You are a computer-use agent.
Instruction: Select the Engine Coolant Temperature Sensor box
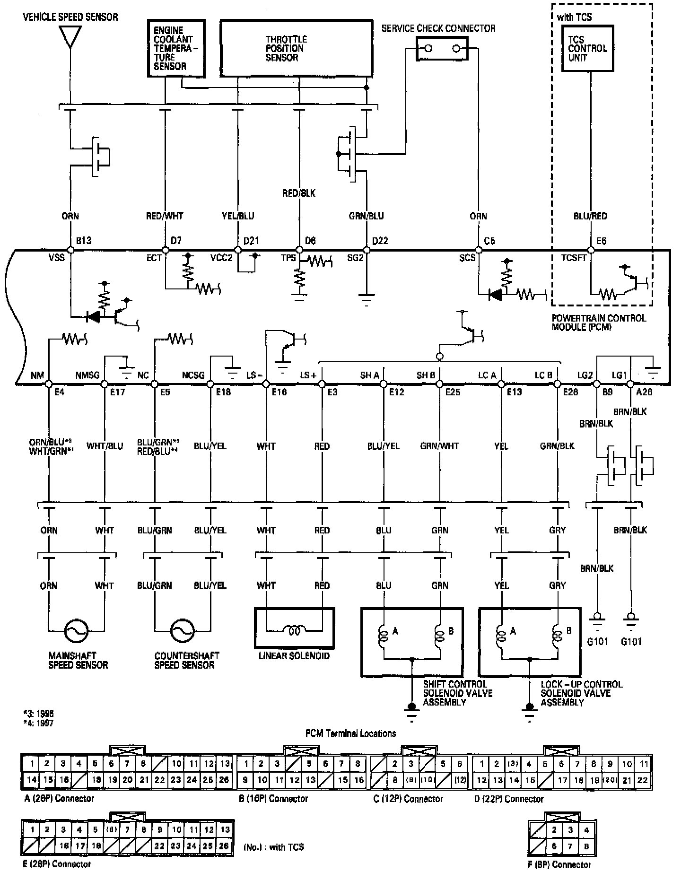[176, 48]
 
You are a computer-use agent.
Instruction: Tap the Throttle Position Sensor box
[296, 48]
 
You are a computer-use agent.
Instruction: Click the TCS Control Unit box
[587, 48]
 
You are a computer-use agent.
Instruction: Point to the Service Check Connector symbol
[442, 49]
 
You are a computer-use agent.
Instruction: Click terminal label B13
[83, 241]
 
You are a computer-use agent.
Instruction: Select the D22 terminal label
[380, 241]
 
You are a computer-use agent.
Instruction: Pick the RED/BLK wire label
[298, 193]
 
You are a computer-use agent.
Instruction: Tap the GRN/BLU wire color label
[366, 216]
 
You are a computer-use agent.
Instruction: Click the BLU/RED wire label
[590, 216]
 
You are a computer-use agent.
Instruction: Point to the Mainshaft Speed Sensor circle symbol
[76, 630]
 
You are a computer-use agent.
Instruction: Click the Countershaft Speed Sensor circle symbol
[182, 630]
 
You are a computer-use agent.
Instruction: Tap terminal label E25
[453, 392]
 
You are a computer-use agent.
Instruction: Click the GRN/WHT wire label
[439, 446]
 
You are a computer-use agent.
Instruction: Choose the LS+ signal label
[308, 375]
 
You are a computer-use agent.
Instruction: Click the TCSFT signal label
[574, 258]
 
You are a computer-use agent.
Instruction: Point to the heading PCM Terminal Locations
[350, 733]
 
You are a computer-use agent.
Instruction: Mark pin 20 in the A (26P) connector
[127, 780]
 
